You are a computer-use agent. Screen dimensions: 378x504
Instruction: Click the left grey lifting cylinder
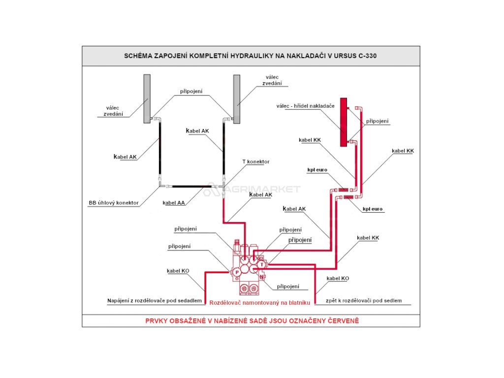(147, 98)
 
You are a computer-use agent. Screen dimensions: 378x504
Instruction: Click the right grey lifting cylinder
(237, 98)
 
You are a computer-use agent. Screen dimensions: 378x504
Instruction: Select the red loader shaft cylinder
(344, 122)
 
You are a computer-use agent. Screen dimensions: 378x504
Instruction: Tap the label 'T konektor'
(255, 161)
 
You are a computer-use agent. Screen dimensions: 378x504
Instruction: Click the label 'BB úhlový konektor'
(114, 202)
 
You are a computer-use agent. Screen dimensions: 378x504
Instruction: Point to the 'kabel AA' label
(173, 202)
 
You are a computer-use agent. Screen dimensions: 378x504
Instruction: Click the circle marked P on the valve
(237, 271)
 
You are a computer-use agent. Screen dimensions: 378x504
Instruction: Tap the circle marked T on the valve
(262, 264)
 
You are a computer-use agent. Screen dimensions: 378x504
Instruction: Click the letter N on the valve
(261, 277)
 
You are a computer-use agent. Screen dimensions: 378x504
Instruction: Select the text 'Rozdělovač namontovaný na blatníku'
(259, 303)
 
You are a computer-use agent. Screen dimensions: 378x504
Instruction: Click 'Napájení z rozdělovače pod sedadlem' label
(155, 300)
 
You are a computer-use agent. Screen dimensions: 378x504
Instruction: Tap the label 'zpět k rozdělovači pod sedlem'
(364, 300)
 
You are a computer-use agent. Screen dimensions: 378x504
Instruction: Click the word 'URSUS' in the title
(346, 56)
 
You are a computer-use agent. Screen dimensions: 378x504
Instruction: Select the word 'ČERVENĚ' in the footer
(342, 321)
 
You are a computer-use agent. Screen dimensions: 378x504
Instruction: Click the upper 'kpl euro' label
(317, 170)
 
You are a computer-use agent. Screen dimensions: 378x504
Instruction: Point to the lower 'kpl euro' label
(373, 209)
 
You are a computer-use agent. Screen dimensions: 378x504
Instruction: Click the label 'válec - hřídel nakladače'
(305, 106)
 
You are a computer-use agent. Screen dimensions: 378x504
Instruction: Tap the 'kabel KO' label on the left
(178, 271)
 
